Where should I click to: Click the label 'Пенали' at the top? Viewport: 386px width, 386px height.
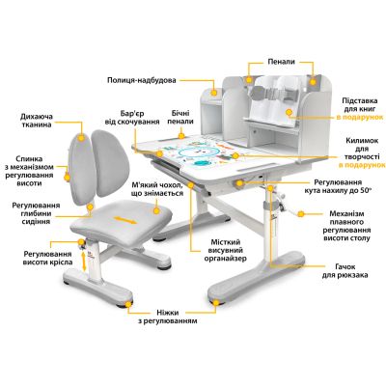(x=281, y=62)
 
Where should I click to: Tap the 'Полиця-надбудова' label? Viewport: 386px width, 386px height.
(x=142, y=80)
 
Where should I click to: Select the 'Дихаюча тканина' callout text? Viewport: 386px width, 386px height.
(x=36, y=121)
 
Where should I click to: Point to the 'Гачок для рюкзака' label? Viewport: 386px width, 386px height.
(x=345, y=271)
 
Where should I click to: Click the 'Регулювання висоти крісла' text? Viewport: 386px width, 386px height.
(x=47, y=258)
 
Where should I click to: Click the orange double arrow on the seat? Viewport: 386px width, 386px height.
(x=124, y=220)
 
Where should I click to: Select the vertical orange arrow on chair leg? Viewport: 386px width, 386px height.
(x=84, y=262)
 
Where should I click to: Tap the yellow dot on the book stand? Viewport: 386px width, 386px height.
(x=289, y=112)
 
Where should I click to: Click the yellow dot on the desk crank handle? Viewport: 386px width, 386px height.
(x=301, y=214)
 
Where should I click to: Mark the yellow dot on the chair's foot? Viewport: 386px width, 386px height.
(x=128, y=304)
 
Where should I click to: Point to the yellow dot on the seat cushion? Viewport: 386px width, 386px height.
(x=156, y=210)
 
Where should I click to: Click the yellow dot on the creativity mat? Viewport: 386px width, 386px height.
(x=235, y=156)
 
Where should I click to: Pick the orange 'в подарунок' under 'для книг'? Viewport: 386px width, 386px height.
(x=360, y=118)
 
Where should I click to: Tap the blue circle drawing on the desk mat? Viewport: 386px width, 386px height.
(x=192, y=152)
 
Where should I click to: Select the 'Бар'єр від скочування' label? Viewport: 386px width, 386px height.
(x=132, y=118)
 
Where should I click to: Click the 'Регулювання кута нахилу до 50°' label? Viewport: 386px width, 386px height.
(x=338, y=186)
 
